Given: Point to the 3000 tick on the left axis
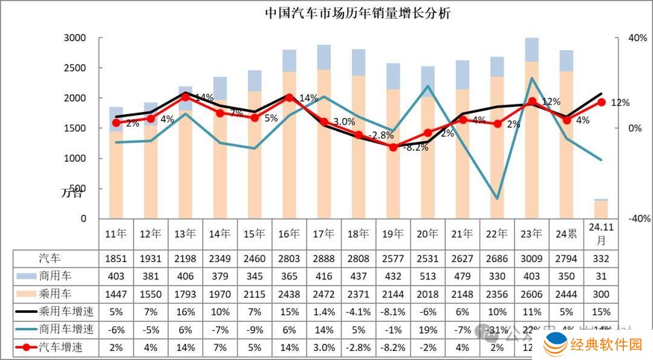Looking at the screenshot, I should pyautogui.click(x=76, y=38).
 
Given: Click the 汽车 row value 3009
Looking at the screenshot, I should pyautogui.click(x=531, y=259).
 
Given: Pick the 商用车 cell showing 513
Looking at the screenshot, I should pyautogui.click(x=427, y=277).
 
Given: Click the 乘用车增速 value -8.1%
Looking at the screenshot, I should pyautogui.click(x=393, y=312).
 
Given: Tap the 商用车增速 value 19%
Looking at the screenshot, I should pyautogui.click(x=427, y=330).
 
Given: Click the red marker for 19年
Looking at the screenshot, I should pyautogui.click(x=393, y=146).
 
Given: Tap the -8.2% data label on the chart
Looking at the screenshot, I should pyautogui.click(x=415, y=148).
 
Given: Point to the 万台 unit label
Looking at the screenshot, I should pyautogui.click(x=73, y=193).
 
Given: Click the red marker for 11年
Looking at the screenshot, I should pyautogui.click(x=116, y=123).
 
